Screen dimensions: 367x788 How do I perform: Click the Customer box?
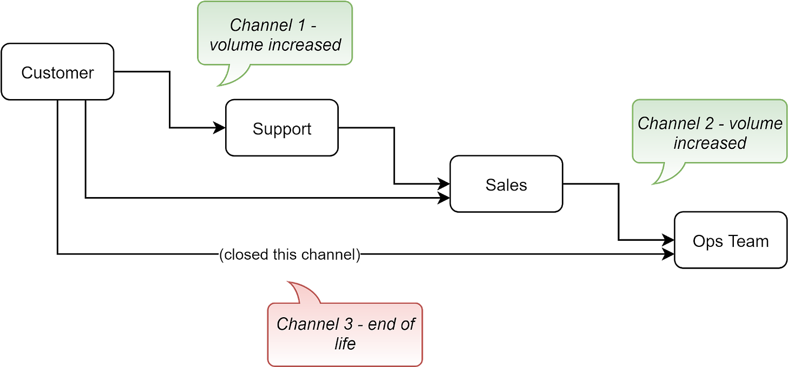[x=57, y=72]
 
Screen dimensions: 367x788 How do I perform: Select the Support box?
[x=281, y=128]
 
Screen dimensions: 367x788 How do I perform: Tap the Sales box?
[x=506, y=185]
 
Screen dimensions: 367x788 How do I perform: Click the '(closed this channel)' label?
[x=290, y=254]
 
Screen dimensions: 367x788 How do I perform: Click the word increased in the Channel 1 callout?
[x=307, y=44]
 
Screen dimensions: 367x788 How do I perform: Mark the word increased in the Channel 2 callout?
[x=710, y=143]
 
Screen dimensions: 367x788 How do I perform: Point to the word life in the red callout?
[x=345, y=344]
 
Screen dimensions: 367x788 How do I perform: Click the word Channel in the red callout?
[x=307, y=324]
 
